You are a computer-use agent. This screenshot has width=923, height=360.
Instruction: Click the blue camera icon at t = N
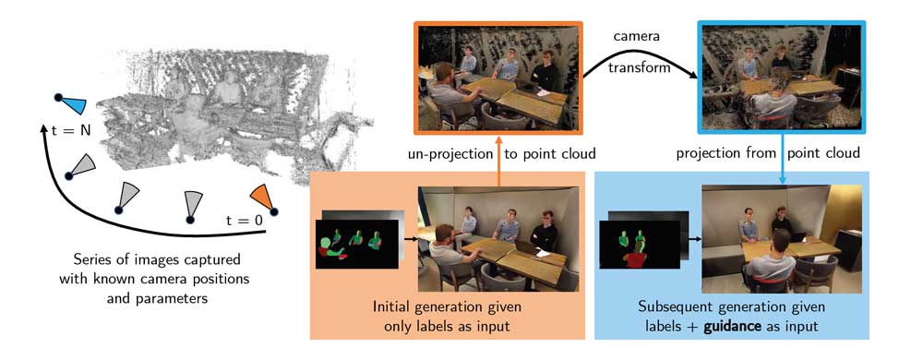coord(72,103)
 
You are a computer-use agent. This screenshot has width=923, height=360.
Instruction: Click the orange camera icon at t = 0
coord(263,199)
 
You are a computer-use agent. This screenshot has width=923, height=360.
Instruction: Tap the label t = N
coord(71,130)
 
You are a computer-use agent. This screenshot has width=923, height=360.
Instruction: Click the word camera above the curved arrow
coord(636,37)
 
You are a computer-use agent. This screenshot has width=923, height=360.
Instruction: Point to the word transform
coord(640,67)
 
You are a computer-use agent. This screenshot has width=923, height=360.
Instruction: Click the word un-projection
coord(450,154)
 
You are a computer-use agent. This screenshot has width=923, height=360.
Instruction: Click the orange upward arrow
coord(498,162)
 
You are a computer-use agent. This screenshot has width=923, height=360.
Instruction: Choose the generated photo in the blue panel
coord(782,239)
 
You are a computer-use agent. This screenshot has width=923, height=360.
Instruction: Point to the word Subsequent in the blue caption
coord(674,307)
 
